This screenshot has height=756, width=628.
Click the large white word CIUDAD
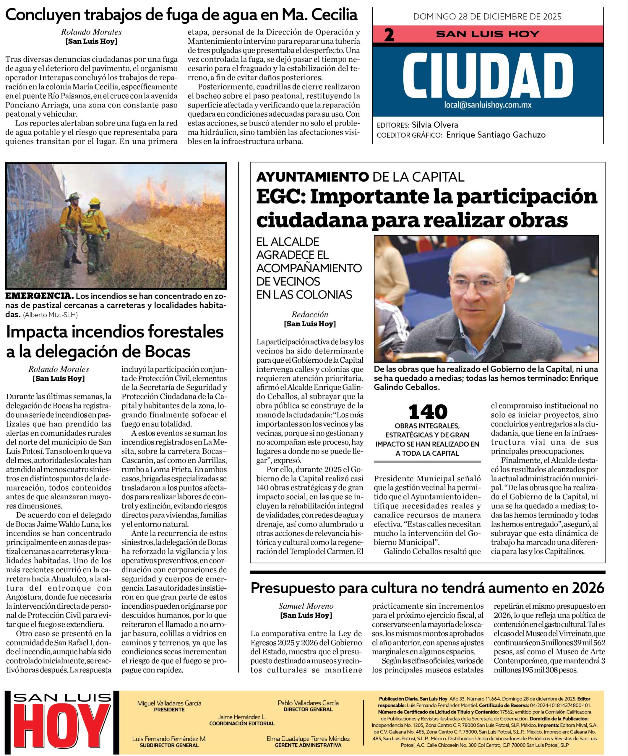coord(488,76)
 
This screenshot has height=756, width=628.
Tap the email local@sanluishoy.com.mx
coord(488,105)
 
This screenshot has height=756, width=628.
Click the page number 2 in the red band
coord(390,35)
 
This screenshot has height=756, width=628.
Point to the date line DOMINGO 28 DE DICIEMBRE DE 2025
coord(487,17)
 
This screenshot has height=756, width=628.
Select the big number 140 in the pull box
coord(428,412)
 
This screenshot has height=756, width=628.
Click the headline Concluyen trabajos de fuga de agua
coord(181,15)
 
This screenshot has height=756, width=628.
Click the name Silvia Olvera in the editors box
coord(435,125)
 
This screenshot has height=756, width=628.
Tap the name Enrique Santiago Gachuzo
coord(496,135)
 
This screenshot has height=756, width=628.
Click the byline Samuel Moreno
coord(306,606)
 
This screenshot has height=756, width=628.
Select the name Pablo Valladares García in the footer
coord(308,703)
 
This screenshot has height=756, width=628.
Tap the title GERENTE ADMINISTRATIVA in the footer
coord(308,745)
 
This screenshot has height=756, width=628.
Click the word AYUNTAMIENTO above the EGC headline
coord(312,177)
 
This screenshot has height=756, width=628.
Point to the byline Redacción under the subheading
coord(310,315)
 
